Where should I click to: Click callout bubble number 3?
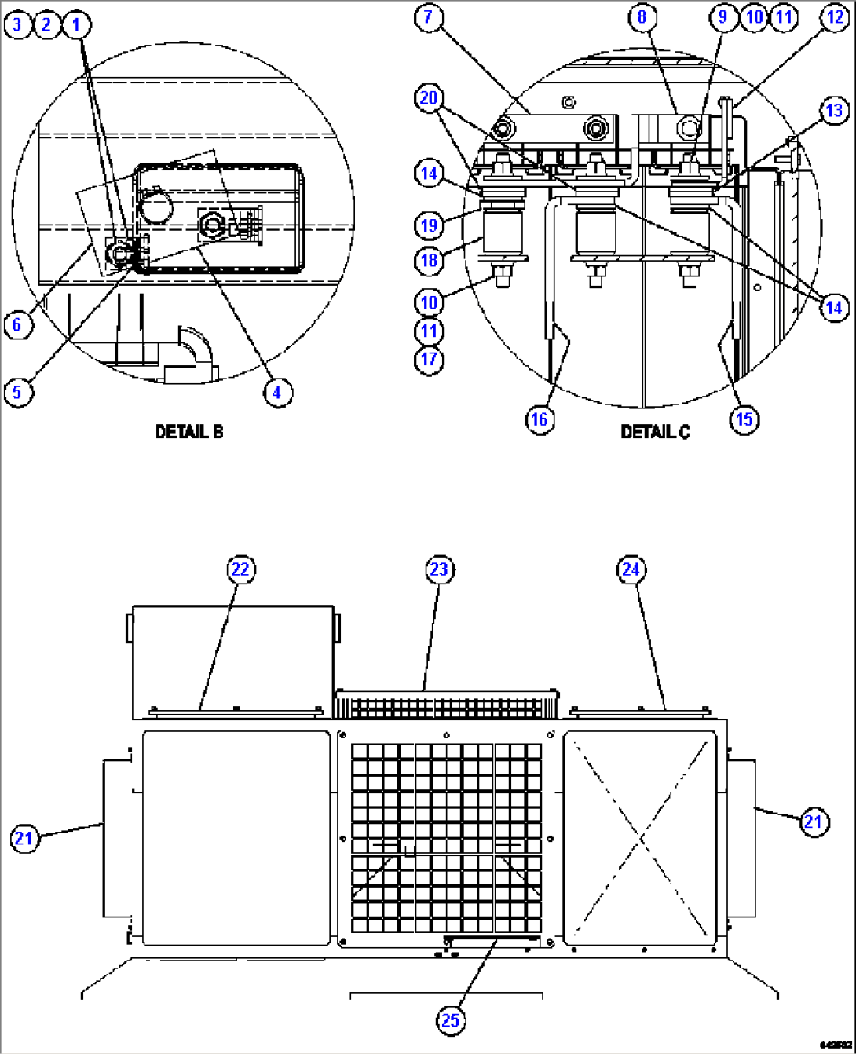click(x=16, y=25)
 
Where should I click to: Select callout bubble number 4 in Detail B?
click(x=277, y=392)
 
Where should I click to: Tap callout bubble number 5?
click(x=18, y=392)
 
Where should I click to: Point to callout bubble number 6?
click(x=18, y=324)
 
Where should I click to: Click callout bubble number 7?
click(x=429, y=18)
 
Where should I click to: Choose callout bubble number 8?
click(x=642, y=17)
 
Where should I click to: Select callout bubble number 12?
click(x=834, y=18)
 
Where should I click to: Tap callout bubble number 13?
click(x=834, y=111)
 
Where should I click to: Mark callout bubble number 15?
click(x=744, y=419)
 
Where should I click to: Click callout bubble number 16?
click(x=540, y=419)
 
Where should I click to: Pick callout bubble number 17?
click(x=429, y=360)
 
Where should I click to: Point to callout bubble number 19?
click(x=429, y=226)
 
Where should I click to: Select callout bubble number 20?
click(x=429, y=98)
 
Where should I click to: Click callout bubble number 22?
click(x=240, y=569)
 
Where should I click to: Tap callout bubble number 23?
click(x=439, y=569)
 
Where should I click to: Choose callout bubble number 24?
click(x=631, y=569)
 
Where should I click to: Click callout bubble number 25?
click(x=450, y=1020)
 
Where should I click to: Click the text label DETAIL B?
click(x=189, y=432)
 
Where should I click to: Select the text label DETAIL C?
click(x=655, y=432)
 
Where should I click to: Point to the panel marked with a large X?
click(x=640, y=837)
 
